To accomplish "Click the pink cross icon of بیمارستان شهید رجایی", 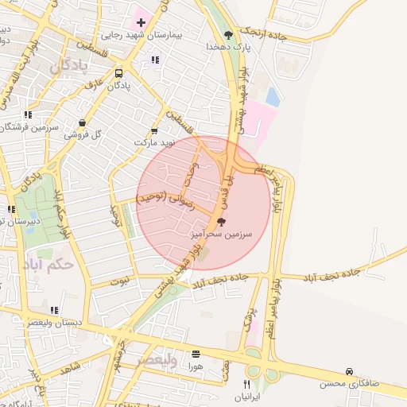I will (140, 21).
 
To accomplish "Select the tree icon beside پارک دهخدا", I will (229, 34).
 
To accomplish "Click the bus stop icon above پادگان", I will (118, 73).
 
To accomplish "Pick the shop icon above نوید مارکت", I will (154, 131).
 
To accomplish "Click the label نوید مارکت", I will (153, 142).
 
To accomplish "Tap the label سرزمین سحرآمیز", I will (221, 235).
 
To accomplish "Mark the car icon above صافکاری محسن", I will (349, 372).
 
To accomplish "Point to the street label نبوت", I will (119, 279).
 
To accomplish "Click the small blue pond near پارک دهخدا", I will (273, 97).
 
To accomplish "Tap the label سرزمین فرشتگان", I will (29, 126).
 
